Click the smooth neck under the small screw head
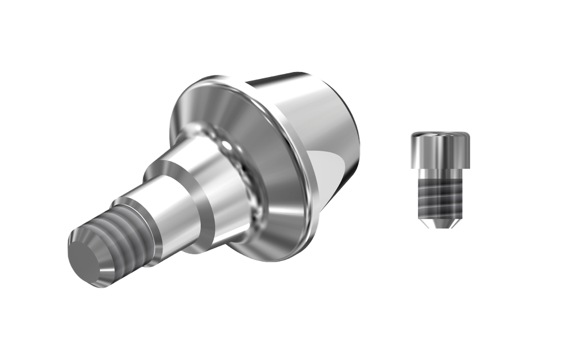(x=439, y=170)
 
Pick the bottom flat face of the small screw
(x=439, y=227)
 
